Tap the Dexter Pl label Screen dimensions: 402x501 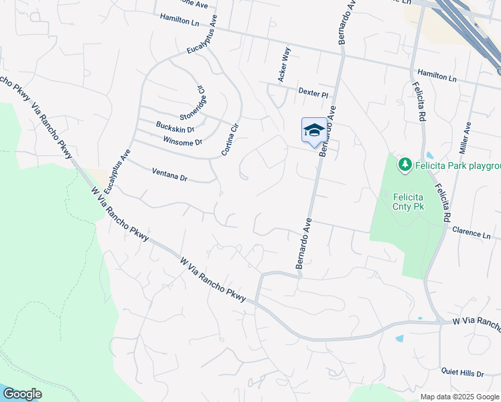click(313, 92)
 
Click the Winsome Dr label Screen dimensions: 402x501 click(182, 142)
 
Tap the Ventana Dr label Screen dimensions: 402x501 click(169, 176)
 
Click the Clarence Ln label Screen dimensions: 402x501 click(472, 232)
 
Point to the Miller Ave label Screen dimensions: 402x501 click(468, 137)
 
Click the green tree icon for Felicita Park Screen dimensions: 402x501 click(405, 164)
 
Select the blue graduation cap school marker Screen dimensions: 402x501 click(313, 131)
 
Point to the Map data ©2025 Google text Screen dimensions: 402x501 click(459, 397)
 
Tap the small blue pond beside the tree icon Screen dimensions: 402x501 click(429, 155)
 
